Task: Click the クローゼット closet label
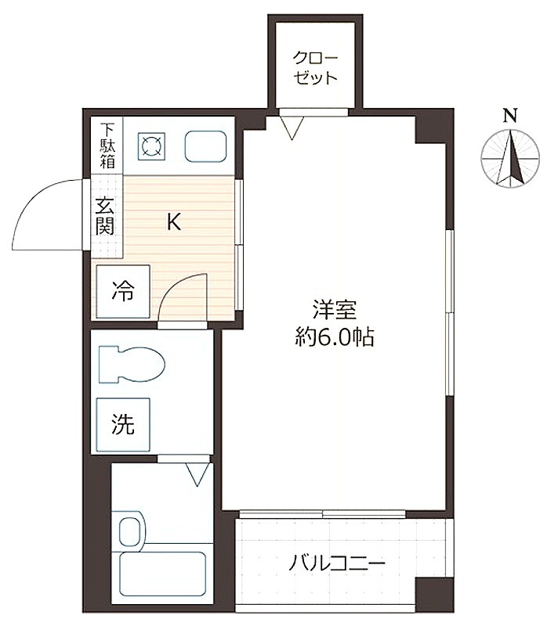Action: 315,68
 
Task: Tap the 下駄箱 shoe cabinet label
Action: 107,146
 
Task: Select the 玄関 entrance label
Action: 104,217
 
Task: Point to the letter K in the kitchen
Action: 174,222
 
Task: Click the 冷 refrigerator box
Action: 123,291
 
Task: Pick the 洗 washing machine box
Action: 123,425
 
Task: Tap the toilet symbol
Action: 132,365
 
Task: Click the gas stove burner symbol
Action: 151,146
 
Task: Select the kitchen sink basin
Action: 205,146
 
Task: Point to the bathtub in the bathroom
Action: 163,574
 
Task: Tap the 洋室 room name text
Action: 335,310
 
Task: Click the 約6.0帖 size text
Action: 335,337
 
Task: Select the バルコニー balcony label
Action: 337,563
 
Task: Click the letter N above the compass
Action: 510,116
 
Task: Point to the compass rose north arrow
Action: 511,159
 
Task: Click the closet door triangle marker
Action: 292,128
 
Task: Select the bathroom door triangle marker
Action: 197,475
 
